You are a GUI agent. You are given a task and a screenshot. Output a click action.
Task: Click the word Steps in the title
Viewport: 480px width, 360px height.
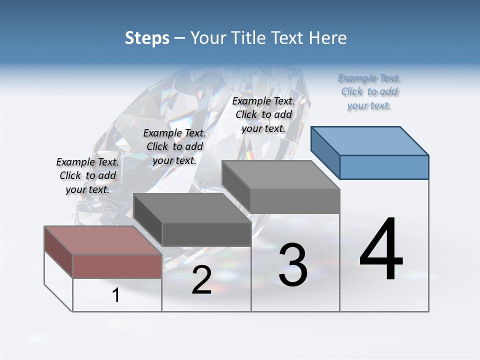click(147, 38)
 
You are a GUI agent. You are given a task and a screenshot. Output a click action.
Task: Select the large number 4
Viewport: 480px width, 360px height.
click(381, 249)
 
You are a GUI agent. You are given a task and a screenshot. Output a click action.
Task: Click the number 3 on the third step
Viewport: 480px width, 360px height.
click(293, 265)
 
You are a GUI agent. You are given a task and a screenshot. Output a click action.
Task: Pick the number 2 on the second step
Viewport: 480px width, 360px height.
click(201, 280)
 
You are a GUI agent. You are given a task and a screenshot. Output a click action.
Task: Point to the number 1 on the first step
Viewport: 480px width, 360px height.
click(116, 295)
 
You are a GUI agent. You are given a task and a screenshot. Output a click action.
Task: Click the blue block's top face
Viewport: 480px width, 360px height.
click(370, 141)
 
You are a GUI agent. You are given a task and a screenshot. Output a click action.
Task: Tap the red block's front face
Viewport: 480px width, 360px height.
click(117, 266)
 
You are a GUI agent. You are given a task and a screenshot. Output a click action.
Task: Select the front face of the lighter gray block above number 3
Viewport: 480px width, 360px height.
click(295, 201)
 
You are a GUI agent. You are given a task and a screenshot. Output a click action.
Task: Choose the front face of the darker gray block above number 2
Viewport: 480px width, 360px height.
click(206, 234)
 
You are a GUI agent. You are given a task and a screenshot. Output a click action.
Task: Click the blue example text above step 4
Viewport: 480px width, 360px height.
click(369, 92)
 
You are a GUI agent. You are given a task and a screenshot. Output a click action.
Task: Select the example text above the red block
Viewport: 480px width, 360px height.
click(87, 175)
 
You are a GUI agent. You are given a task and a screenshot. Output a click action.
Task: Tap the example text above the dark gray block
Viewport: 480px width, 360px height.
click(174, 146)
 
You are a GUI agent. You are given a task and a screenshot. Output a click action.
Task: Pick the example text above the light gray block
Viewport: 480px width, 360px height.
click(263, 114)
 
